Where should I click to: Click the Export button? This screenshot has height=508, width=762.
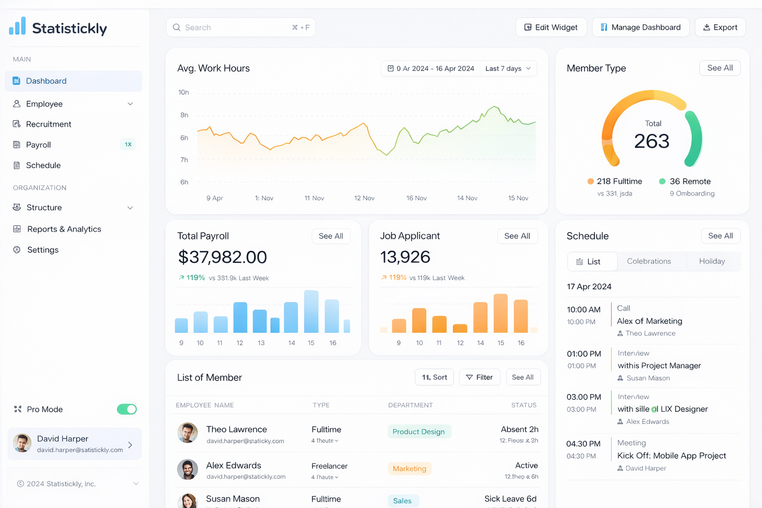tap(720, 27)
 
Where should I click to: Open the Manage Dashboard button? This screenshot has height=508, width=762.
tap(640, 27)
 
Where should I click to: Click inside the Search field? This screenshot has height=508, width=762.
tap(233, 27)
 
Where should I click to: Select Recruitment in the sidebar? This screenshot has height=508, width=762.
tap(49, 124)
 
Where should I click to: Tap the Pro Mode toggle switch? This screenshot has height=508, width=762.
tap(127, 409)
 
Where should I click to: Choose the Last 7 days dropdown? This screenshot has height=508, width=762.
tap(508, 68)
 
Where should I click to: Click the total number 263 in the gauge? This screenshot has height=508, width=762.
tap(652, 141)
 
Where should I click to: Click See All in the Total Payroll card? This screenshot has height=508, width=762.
tap(331, 236)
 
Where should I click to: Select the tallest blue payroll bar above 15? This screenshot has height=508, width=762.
tap(311, 312)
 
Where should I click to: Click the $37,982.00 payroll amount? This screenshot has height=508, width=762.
tap(222, 257)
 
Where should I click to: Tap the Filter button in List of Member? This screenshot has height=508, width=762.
tap(479, 378)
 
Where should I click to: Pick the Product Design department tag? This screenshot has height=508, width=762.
tap(419, 432)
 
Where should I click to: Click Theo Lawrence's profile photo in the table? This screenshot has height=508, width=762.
tap(188, 433)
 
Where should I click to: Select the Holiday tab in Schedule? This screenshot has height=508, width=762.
tap(712, 261)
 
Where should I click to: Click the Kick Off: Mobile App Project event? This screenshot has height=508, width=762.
tap(671, 455)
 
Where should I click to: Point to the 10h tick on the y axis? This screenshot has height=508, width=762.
tap(184, 92)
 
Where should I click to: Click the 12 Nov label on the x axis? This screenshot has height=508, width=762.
tap(364, 198)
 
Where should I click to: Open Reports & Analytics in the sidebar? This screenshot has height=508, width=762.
tap(64, 229)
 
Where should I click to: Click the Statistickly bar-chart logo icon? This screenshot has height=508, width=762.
tap(17, 26)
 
